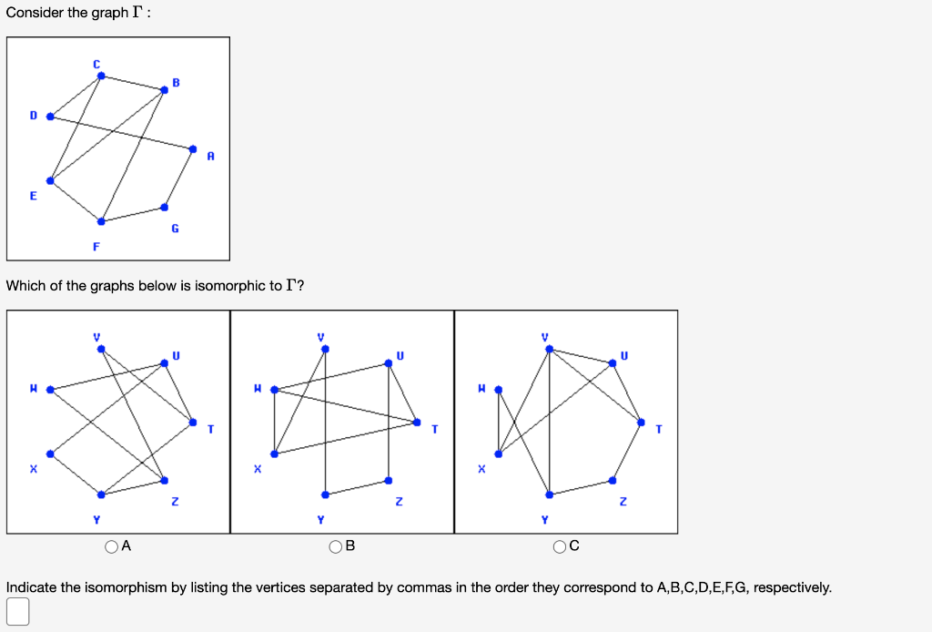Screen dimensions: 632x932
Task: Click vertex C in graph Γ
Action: tap(101, 76)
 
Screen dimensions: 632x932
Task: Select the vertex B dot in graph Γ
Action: tap(164, 89)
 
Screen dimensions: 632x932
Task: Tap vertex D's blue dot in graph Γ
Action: tap(50, 117)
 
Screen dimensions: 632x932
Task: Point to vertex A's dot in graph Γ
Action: tap(192, 148)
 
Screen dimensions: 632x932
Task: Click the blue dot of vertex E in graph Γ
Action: tap(50, 180)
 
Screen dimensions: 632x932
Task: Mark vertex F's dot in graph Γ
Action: tap(101, 221)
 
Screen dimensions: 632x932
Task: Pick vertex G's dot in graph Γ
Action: tap(164, 207)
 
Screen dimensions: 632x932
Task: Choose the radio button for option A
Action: tap(112, 546)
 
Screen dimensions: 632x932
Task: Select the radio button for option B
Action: tap(336, 546)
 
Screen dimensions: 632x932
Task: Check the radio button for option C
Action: tap(560, 546)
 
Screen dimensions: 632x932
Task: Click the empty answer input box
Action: tap(17, 612)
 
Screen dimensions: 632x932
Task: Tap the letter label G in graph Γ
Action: tap(175, 229)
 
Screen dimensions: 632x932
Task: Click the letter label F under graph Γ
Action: tap(96, 247)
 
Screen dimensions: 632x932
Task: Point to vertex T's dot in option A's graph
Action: tap(192, 422)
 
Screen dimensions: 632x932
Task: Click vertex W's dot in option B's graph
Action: tap(274, 390)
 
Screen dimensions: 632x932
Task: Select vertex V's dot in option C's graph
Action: tap(549, 349)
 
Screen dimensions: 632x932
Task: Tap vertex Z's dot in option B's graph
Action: tap(388, 480)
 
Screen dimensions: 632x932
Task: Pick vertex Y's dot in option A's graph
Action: tap(101, 494)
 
